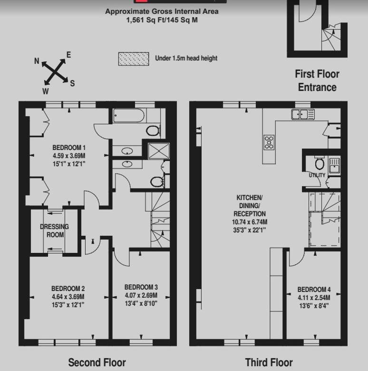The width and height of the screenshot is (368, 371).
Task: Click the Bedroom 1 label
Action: tap(69, 148)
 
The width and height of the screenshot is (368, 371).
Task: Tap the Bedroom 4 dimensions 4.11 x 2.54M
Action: tap(314, 298)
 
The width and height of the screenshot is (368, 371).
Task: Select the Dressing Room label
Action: tap(55, 231)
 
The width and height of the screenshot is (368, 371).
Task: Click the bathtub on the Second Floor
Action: tap(129, 115)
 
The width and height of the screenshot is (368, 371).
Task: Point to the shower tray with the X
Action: tap(159, 151)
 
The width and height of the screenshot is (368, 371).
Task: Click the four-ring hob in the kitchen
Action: tap(269, 142)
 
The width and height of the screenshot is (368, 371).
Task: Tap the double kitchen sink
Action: tap(303, 114)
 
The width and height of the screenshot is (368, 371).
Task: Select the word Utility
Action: tap(317, 175)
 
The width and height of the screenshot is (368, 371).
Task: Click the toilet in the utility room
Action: tap(320, 163)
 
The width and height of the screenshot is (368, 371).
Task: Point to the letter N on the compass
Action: tap(37, 61)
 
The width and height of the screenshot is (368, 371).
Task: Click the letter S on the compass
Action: tap(72, 83)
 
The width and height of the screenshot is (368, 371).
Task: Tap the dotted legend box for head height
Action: tap(134, 59)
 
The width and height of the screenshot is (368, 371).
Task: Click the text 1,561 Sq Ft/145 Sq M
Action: tap(162, 20)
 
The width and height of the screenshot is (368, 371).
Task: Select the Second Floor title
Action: tap(97, 362)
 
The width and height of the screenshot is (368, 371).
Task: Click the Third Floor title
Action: tap(269, 362)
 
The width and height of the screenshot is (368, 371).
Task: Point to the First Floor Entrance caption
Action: tap(317, 80)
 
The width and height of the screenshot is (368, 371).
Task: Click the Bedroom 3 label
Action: tap(141, 287)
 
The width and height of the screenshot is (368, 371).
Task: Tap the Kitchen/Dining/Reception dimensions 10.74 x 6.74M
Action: tap(250, 222)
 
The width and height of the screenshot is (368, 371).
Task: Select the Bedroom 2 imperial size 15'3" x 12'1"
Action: tap(68, 305)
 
